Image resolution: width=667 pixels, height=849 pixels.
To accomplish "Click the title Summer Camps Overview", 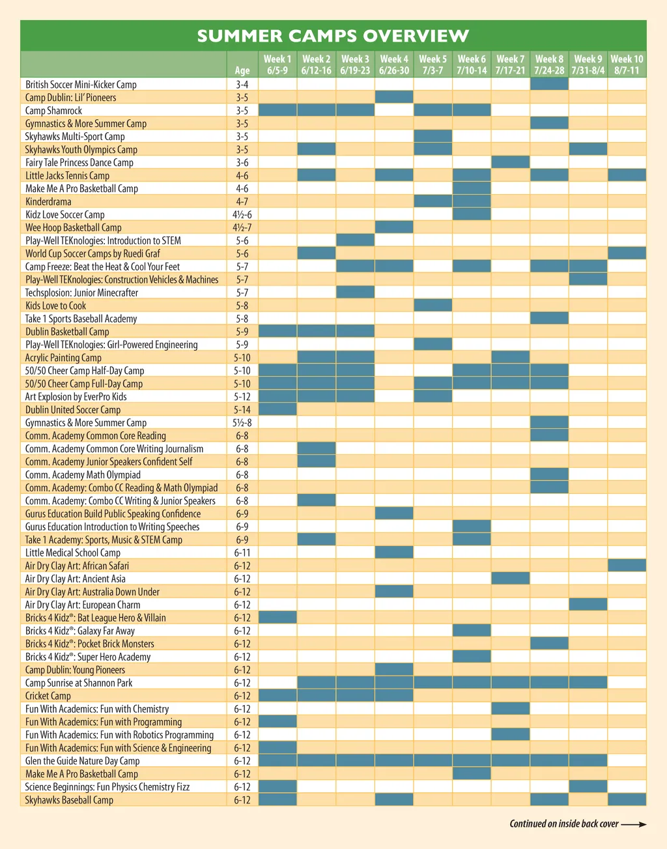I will [x=333, y=36].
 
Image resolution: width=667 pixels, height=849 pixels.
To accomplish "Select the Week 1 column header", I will [x=277, y=64].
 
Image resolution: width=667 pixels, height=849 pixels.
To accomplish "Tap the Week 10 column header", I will [x=627, y=64].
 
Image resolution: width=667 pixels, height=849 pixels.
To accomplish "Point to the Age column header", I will [x=242, y=70].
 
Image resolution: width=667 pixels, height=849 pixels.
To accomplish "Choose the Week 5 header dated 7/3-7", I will [x=433, y=64].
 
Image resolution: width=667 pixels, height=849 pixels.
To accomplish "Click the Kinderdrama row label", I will [x=48, y=201].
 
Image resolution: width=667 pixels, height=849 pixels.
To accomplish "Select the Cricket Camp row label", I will [x=48, y=696].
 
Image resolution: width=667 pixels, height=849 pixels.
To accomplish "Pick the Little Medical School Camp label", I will [x=73, y=553].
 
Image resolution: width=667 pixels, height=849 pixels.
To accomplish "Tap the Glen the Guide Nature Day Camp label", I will [x=82, y=761].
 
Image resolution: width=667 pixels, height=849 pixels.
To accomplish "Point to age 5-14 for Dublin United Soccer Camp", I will [x=242, y=410].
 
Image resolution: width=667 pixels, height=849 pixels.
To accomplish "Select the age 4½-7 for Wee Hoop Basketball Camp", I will [x=242, y=227].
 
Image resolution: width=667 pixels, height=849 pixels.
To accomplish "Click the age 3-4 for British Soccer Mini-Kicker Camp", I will [x=242, y=84].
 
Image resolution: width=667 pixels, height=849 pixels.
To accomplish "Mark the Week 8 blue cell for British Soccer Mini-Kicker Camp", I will [x=549, y=84].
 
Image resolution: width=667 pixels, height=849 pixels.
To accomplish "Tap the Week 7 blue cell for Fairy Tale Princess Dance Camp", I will [x=510, y=162].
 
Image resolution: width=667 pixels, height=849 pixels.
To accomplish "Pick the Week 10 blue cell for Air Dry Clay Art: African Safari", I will [x=627, y=566].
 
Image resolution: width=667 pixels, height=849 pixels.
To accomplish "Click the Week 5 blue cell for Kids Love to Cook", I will [x=433, y=306].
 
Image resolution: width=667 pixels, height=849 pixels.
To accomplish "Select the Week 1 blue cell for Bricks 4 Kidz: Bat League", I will [x=277, y=618].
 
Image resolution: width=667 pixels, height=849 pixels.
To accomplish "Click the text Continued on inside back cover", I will [x=564, y=824].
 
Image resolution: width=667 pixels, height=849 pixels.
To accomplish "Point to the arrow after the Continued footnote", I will [x=634, y=824].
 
